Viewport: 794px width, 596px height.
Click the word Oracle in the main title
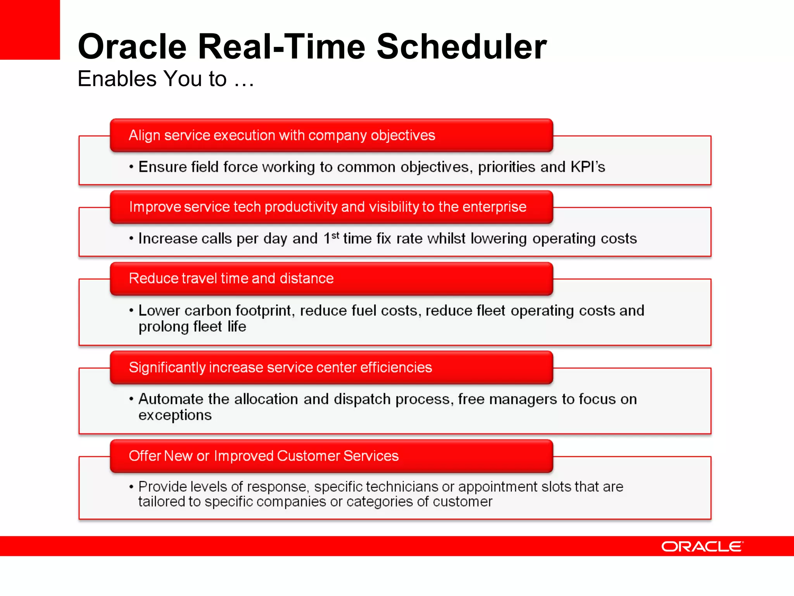(x=132, y=47)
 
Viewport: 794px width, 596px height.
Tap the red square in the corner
(x=30, y=29)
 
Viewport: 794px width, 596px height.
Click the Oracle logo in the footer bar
(x=702, y=546)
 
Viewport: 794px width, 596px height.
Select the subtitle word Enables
(x=117, y=79)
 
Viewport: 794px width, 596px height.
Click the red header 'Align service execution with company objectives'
(x=282, y=135)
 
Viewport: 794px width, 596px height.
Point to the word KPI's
(x=587, y=167)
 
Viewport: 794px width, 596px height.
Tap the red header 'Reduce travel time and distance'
(x=231, y=279)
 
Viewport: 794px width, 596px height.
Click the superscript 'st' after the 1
(x=335, y=235)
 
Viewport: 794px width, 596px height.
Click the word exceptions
(x=175, y=415)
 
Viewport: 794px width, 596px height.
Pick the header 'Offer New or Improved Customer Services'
(x=264, y=456)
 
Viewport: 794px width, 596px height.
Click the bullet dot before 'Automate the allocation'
(x=131, y=399)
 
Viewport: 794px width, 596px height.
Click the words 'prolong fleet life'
(x=192, y=327)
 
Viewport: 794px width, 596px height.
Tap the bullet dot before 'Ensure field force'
(x=131, y=167)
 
